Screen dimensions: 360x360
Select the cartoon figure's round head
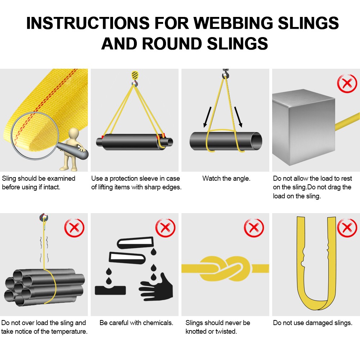75,133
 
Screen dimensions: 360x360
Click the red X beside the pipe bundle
74,228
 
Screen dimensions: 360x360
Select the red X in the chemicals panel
165,228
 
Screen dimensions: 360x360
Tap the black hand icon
157,286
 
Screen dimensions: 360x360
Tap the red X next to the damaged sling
347,228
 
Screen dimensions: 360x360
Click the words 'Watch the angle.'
226,179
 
